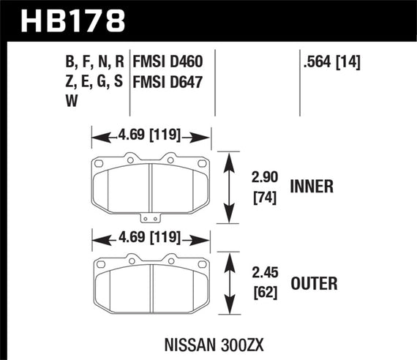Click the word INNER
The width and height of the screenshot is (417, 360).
(312, 187)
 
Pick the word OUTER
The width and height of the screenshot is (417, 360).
(312, 280)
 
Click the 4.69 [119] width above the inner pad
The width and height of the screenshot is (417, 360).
(151, 136)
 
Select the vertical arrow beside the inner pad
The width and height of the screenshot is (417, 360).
(231, 187)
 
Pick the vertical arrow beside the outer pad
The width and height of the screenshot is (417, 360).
(231, 282)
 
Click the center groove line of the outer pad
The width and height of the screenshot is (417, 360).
(151, 286)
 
